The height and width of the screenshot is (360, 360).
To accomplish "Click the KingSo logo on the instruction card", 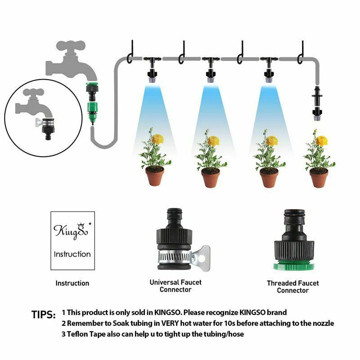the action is pos(72,231).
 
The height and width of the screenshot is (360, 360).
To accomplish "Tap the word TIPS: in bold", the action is pos(43,315).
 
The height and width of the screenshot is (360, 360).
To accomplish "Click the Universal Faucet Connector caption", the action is pos(175,286).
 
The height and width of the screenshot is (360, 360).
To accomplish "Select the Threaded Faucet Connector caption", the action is pos(293,287).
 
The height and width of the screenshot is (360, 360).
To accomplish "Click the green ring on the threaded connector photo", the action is pos(294,266).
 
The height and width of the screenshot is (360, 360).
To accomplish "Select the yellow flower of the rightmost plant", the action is pos(321,140).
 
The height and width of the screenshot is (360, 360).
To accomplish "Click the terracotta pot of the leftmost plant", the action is pos(155,176).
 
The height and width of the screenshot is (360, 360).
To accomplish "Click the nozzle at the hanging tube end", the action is pos(317,114).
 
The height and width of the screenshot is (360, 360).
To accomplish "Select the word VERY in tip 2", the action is pos(170,323).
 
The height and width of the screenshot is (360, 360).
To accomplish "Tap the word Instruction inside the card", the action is pos(72,254).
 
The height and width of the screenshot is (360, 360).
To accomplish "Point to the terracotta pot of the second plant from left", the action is pos(211,177).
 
